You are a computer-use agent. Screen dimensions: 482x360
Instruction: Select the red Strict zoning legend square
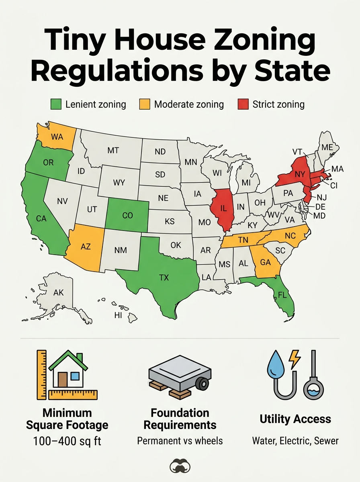243,105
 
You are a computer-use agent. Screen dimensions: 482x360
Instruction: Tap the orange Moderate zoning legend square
145,105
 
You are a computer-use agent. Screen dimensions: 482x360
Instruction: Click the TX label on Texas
164,278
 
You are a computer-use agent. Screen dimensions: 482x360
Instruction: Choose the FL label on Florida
282,295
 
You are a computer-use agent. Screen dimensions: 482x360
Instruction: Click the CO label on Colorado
127,216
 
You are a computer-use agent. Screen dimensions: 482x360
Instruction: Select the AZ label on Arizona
86,247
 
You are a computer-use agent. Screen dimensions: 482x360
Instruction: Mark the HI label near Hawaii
118,315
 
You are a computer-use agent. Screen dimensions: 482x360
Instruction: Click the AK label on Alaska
58,293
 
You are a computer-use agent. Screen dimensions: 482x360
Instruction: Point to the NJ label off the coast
322,197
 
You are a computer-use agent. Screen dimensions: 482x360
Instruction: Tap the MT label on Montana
113,151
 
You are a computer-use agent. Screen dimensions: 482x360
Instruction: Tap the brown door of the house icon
62,379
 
